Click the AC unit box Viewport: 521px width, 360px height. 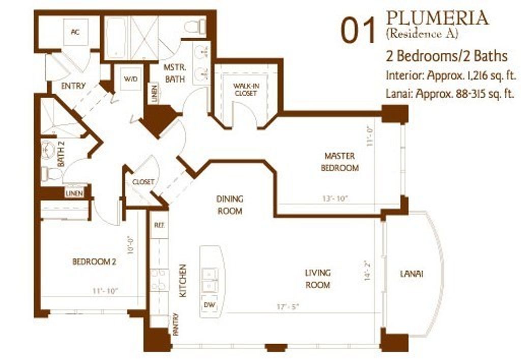(76, 32)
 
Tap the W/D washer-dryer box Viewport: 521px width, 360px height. (131, 79)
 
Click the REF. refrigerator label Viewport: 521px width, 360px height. (159, 225)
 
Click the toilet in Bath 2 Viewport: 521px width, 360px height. (50, 174)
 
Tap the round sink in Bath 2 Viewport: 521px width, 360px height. (48, 150)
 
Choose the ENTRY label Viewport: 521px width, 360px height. (73, 86)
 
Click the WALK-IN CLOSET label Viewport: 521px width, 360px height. (246, 90)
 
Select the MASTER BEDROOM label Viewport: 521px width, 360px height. (339, 162)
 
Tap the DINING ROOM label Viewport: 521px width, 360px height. (230, 205)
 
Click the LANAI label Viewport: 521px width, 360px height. (411, 274)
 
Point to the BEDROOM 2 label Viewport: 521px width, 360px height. (94, 262)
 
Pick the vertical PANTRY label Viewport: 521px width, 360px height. (176, 324)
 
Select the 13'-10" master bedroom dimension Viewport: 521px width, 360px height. (335, 199)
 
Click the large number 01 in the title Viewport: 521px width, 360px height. (358, 31)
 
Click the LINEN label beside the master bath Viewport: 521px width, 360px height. (154, 93)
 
